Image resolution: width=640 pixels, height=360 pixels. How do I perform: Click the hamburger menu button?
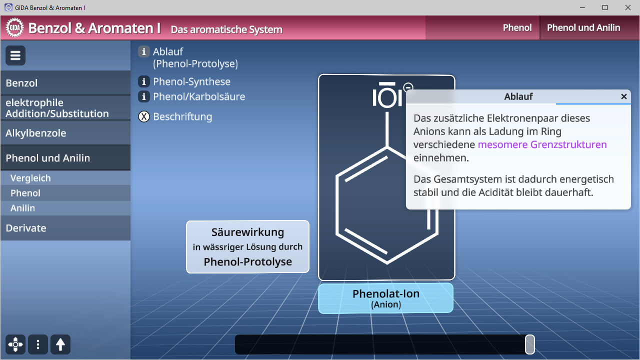[15, 55]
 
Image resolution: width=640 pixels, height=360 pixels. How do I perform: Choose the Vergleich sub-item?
[30, 178]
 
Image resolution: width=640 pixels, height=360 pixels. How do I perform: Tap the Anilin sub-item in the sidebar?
[22, 208]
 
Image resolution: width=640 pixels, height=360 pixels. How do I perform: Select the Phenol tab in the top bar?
[517, 28]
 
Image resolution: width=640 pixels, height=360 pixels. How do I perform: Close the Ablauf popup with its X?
[623, 96]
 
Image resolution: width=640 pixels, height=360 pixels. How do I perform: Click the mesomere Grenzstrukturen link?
[542, 144]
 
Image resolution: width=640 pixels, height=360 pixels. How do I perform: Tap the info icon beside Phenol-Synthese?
[144, 81]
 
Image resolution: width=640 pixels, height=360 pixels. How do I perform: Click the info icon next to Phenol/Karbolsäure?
[144, 96]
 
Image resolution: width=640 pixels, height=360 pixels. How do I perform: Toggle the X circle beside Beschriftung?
[144, 117]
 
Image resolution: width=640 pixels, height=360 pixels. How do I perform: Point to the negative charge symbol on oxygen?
[408, 87]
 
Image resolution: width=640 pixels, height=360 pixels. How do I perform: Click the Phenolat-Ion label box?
[385, 298]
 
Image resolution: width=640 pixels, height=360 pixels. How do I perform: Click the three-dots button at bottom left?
[38, 344]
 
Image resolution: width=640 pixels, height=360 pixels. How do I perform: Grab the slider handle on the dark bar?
[529, 344]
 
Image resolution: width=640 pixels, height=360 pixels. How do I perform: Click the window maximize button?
[605, 7]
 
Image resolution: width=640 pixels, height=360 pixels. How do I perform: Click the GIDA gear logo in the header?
[15, 28]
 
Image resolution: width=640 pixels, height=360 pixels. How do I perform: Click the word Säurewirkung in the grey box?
[247, 232]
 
